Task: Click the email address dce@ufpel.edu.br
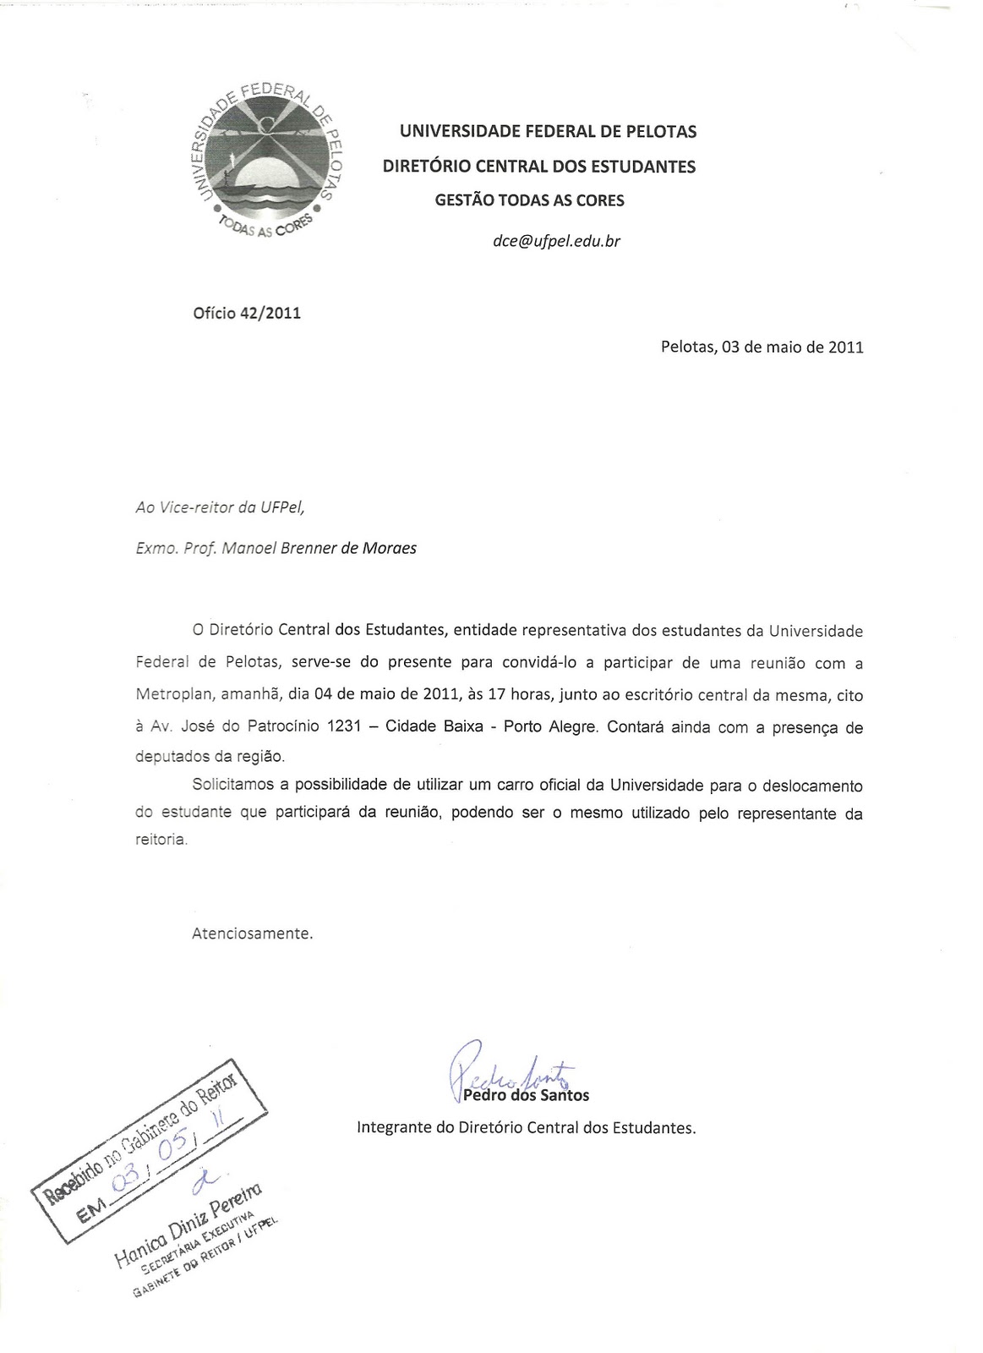pyautogui.click(x=556, y=241)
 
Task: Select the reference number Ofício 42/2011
pyautogui.click(x=246, y=313)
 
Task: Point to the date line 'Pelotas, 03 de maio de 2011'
pyautogui.click(x=762, y=347)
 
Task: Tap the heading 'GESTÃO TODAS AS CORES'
pyautogui.click(x=529, y=200)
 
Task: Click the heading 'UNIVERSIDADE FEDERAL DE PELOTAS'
pyautogui.click(x=548, y=131)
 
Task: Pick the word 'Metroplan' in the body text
pyautogui.click(x=167, y=696)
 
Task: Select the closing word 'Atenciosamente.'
pyautogui.click(x=253, y=934)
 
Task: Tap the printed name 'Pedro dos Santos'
pyautogui.click(x=527, y=1096)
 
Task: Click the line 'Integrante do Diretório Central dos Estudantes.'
pyautogui.click(x=527, y=1127)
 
